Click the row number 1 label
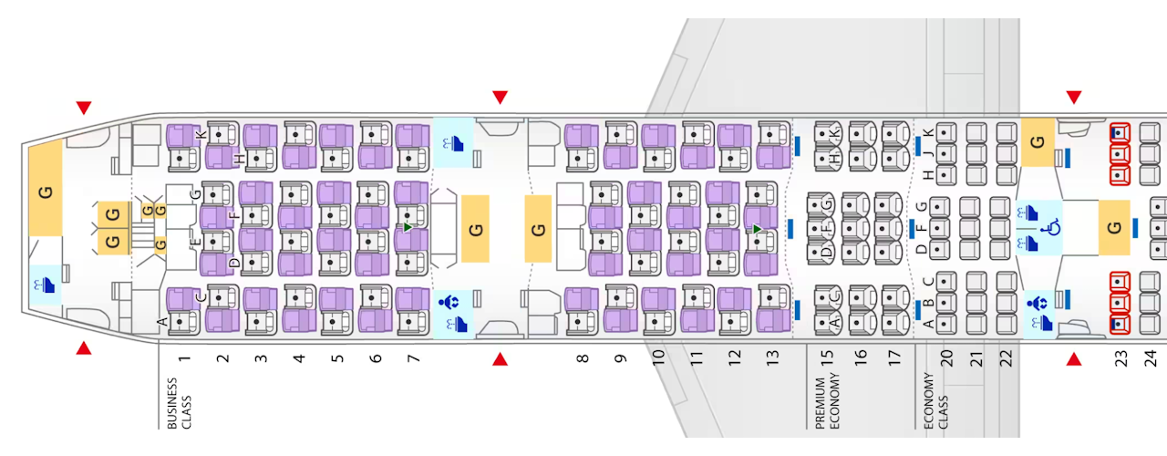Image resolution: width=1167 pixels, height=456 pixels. pyautogui.click(x=184, y=358)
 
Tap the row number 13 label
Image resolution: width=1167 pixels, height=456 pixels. pyautogui.click(x=775, y=358)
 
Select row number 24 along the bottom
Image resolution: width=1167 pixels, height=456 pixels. pyautogui.click(x=1151, y=358)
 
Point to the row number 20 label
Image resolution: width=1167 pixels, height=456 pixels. pyautogui.click(x=946, y=358)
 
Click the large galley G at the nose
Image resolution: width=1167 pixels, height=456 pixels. pyautogui.click(x=45, y=192)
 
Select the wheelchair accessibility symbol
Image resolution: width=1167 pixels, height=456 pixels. pyautogui.click(x=1050, y=223)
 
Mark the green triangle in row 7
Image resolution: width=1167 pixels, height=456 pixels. pyautogui.click(x=408, y=226)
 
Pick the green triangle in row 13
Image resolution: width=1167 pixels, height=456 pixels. pyautogui.click(x=757, y=228)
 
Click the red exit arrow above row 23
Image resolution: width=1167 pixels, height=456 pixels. pyautogui.click(x=1074, y=97)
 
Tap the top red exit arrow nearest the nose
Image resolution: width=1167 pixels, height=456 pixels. pyautogui.click(x=84, y=108)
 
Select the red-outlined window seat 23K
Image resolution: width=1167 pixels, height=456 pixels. pyautogui.click(x=1119, y=134)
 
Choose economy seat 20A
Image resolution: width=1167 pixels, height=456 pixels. pyautogui.click(x=945, y=323)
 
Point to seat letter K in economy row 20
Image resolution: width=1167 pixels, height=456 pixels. pyautogui.click(x=929, y=133)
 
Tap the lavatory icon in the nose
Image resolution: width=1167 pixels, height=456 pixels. pyautogui.click(x=46, y=285)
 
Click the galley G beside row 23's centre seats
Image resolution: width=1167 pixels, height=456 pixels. pyautogui.click(x=1114, y=226)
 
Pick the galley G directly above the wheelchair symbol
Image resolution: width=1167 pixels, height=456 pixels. pyautogui.click(x=1037, y=143)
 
